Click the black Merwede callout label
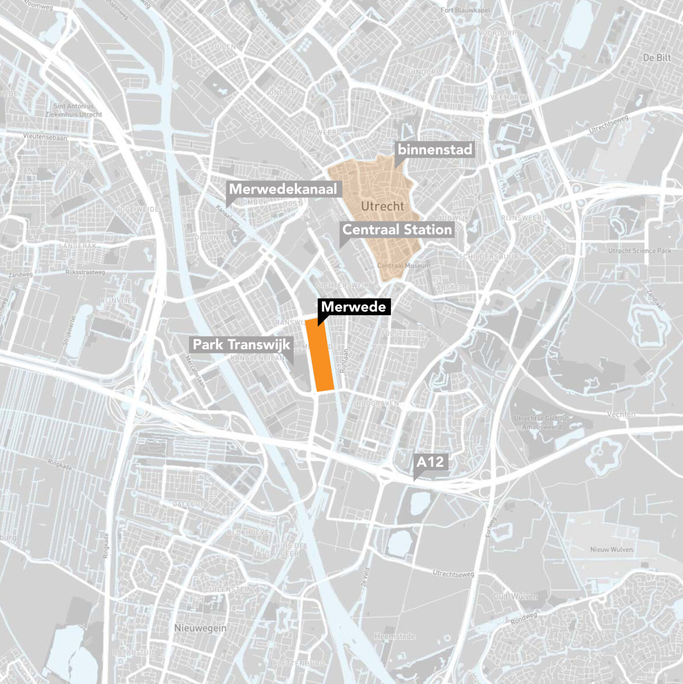tap(354, 307)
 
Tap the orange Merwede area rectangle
tap(320, 356)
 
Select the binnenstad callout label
tap(435, 150)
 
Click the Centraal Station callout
tap(397, 230)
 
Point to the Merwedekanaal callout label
tap(283, 189)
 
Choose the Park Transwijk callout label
tap(241, 344)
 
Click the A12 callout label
tap(430, 462)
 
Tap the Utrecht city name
tap(382, 206)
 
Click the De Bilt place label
tap(657, 57)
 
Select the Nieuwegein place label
tap(200, 628)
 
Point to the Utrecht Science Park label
tap(639, 251)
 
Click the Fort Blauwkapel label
tap(465, 10)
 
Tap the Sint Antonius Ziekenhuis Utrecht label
tap(74, 110)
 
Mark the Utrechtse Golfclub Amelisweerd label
tap(541, 423)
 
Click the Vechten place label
tap(621, 414)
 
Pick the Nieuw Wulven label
tap(612, 550)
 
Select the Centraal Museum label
tap(404, 265)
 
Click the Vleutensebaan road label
tap(45, 137)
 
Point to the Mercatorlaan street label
tap(195, 371)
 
